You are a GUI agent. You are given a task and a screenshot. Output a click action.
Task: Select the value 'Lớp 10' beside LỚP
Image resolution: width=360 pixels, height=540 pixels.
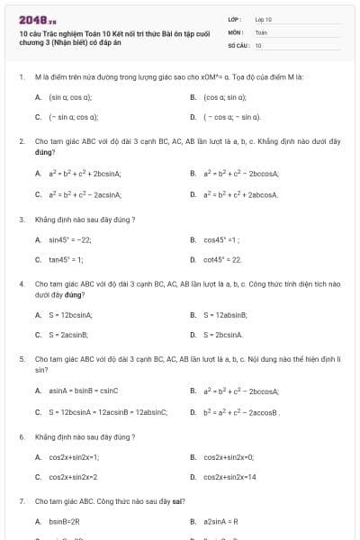click(x=264, y=18)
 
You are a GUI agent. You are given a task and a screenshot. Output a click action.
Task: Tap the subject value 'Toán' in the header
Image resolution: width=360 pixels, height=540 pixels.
click(x=261, y=31)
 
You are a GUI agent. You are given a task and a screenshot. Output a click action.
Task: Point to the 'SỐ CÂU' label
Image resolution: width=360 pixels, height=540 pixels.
click(x=238, y=44)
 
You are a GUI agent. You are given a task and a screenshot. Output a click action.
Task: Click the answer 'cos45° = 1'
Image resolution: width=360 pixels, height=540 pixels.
click(x=221, y=239)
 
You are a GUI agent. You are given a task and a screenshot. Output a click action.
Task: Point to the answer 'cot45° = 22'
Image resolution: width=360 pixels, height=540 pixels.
click(x=222, y=259)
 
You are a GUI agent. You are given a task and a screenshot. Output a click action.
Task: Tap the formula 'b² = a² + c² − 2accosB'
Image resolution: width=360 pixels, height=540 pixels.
click(x=242, y=412)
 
